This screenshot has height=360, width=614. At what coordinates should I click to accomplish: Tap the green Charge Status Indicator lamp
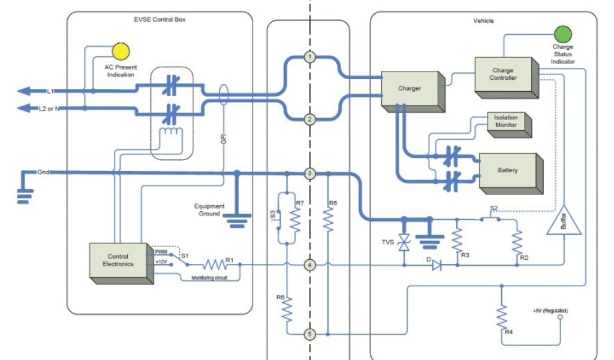(x=563, y=34)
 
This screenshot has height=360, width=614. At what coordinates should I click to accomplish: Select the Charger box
(x=410, y=89)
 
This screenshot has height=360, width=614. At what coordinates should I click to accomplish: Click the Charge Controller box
(x=503, y=75)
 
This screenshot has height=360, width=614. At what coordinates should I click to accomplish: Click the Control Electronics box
(x=118, y=260)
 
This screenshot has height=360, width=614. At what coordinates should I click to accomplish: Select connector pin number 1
(x=309, y=57)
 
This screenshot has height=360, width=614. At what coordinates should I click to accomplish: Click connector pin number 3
(x=309, y=173)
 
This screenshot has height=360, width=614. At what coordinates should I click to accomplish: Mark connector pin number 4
(x=309, y=264)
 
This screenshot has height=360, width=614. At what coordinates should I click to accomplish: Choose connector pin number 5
(x=309, y=334)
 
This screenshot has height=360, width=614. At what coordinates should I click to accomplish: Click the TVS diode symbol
(x=405, y=243)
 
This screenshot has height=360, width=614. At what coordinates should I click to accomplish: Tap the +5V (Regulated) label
(x=550, y=311)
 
